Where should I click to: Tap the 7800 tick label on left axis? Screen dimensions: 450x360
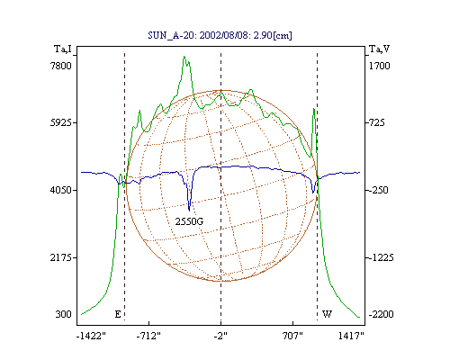coord(61,66)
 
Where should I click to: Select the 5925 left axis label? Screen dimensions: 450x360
coord(61,122)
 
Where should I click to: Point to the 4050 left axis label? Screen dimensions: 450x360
coord(61,190)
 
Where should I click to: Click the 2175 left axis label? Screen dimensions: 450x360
coord(61,257)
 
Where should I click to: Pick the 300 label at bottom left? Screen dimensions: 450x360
coord(63,314)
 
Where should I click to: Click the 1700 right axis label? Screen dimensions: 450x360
coord(379,66)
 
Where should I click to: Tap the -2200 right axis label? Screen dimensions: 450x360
coord(381,314)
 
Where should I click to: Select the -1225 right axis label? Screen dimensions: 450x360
coord(381,257)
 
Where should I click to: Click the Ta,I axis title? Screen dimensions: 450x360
coord(63,49)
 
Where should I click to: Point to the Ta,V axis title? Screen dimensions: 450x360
coord(379,49)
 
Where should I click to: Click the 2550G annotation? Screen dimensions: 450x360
coord(189,221)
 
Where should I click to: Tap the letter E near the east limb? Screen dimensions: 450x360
coord(118,314)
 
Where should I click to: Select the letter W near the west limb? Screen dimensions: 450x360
coord(327,314)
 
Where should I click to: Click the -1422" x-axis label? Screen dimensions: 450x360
coord(91,336)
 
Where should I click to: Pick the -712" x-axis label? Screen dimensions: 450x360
coord(148,336)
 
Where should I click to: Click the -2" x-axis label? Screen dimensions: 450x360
coord(220,336)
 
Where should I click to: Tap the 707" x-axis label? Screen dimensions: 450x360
coord(292,336)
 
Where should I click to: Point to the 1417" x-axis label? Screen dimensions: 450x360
coord(351,336)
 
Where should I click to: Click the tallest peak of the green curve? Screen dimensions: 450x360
coord(184,57)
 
